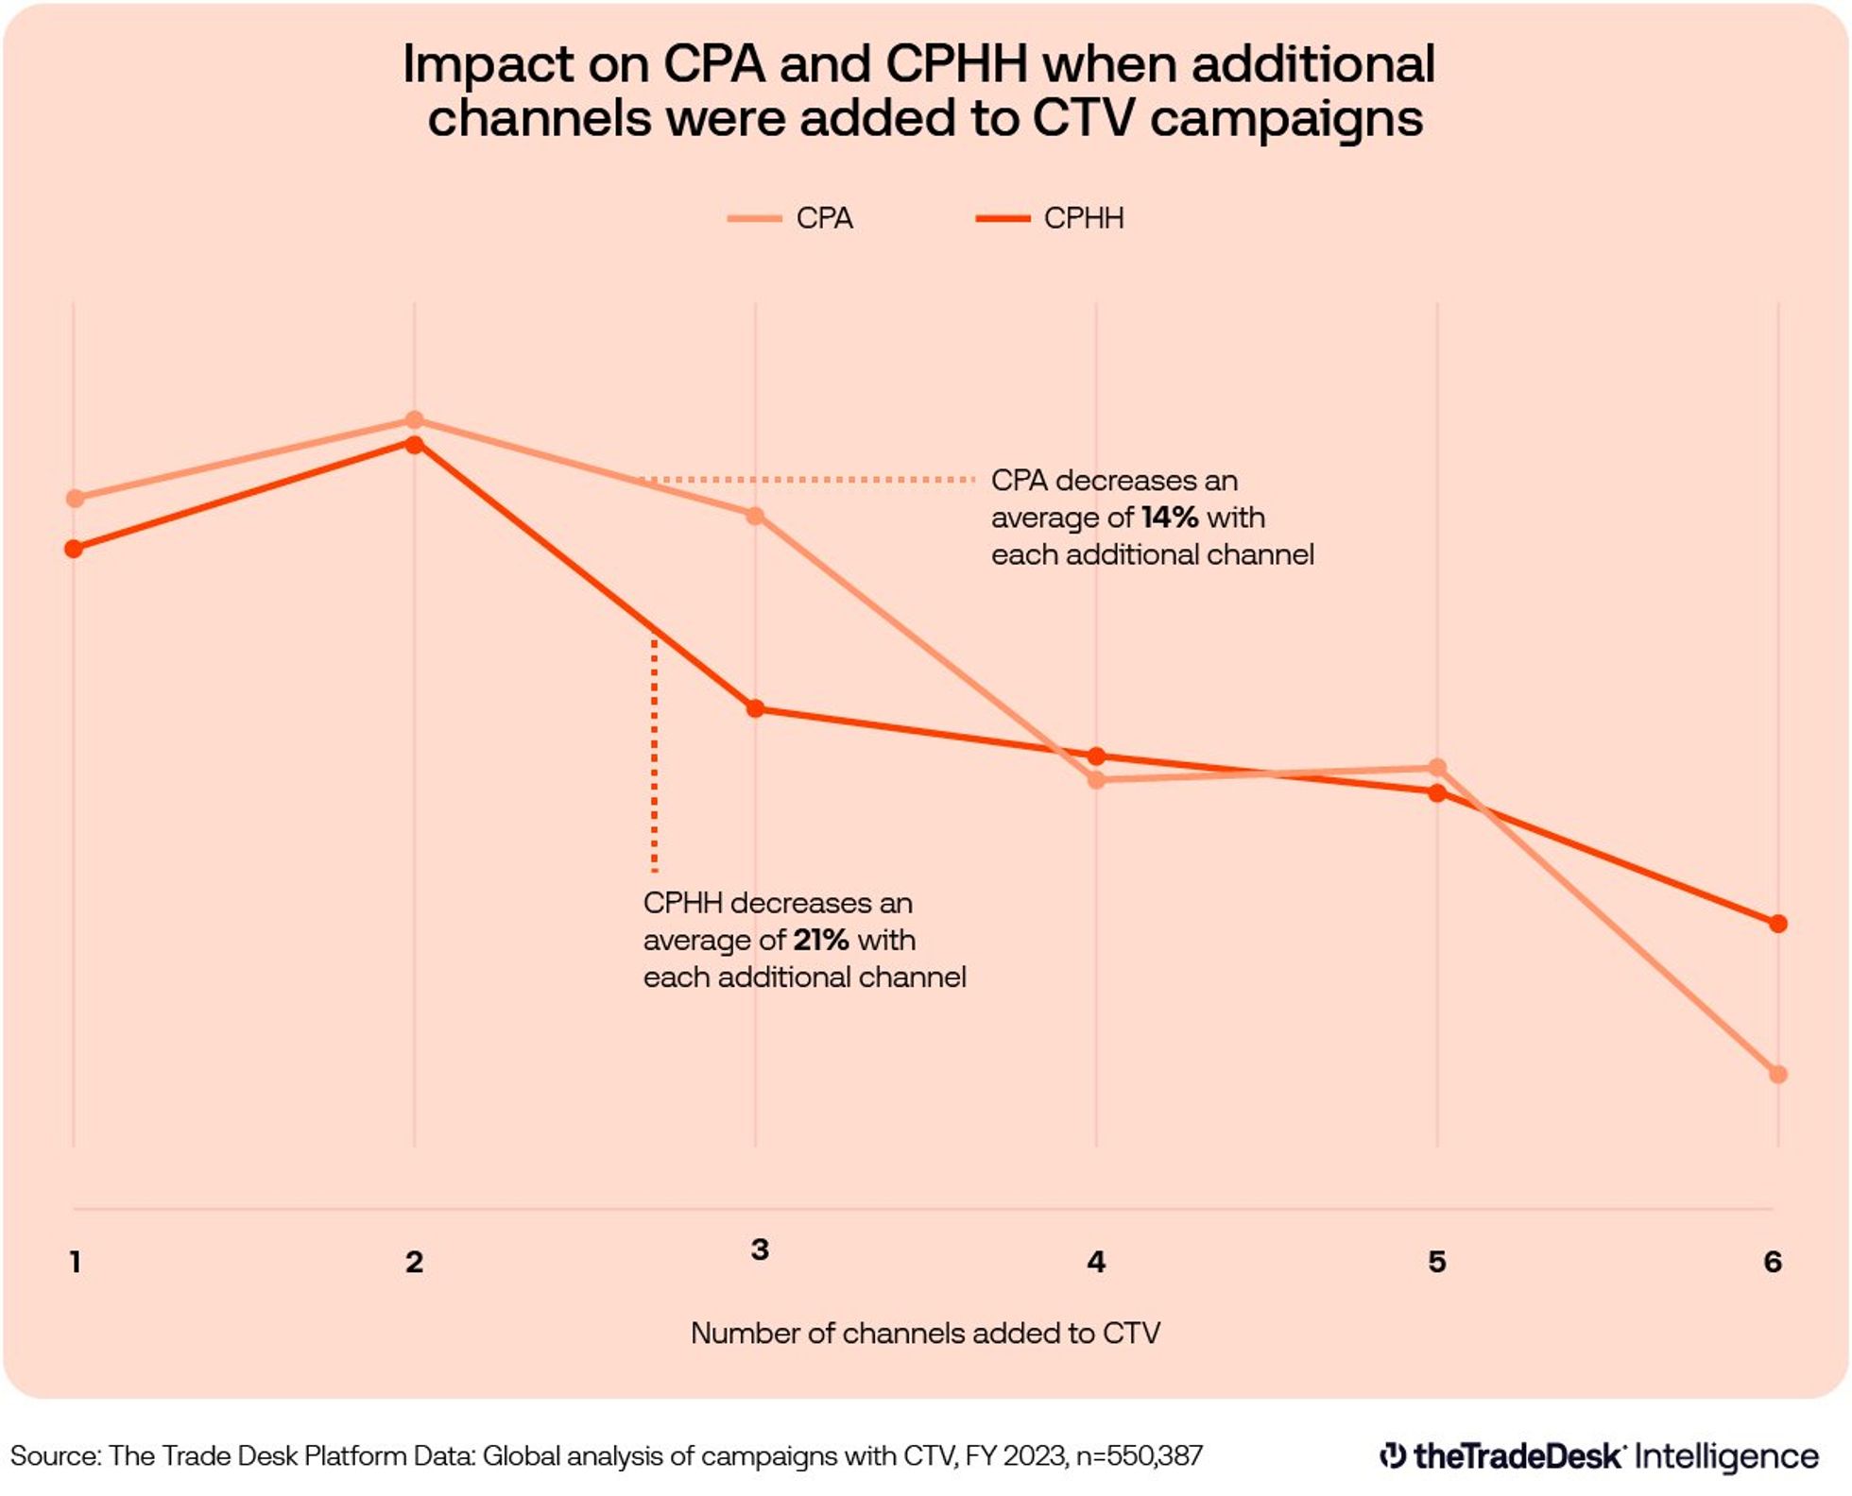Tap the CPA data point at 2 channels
(x=414, y=420)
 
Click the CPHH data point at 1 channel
(x=74, y=549)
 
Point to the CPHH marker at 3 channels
(x=755, y=708)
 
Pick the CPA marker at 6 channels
(x=1777, y=1074)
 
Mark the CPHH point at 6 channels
(x=1777, y=924)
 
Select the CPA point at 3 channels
(x=755, y=516)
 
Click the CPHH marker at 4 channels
(x=1096, y=756)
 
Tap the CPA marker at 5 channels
(x=1436, y=767)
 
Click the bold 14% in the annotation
(x=1169, y=518)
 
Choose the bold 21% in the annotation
(x=820, y=940)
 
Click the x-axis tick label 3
(x=760, y=1249)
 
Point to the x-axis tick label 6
(x=1773, y=1262)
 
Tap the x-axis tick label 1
(x=76, y=1262)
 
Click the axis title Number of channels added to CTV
(x=925, y=1333)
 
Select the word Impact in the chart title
(x=488, y=65)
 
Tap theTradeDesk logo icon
(x=1392, y=1455)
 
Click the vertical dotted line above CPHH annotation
(x=654, y=756)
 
